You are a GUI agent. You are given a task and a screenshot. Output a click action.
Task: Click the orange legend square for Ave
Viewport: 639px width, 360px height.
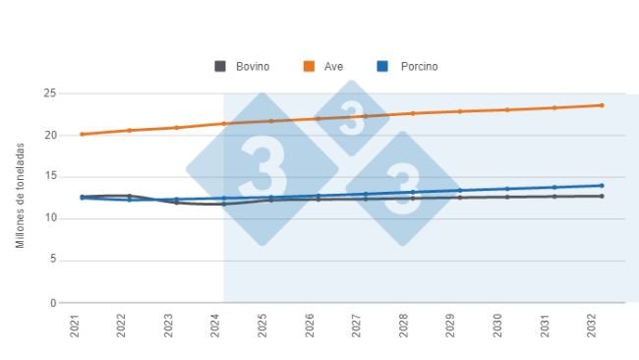[309, 67]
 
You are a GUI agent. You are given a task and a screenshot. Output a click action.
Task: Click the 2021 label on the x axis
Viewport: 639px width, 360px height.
[75, 326]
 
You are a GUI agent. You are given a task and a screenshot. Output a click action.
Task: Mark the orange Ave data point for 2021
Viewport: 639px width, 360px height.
[83, 134]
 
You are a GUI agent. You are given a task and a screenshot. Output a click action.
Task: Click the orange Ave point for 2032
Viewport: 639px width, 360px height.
[602, 105]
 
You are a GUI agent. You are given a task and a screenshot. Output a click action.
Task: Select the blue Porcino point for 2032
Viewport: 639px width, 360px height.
[602, 186]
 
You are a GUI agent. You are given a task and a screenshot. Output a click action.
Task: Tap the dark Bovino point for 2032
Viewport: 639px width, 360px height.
[602, 196]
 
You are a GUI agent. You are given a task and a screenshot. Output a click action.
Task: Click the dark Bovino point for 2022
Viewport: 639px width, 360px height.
[130, 196]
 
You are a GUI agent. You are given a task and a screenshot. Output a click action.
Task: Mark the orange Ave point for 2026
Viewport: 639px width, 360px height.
[318, 119]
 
